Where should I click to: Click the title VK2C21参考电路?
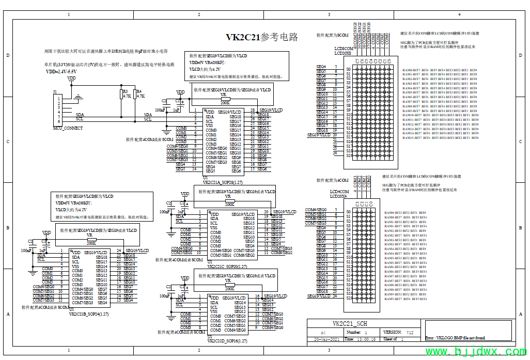(x=262, y=37)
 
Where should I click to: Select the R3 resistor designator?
(x=125, y=91)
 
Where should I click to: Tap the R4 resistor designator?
(x=138, y=91)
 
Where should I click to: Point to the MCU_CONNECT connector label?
(x=68, y=128)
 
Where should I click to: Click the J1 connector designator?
(x=55, y=92)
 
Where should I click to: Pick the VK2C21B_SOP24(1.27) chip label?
(x=89, y=314)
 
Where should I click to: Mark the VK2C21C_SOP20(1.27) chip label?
(x=227, y=267)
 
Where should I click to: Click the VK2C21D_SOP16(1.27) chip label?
(x=227, y=341)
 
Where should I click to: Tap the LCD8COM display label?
(x=345, y=49)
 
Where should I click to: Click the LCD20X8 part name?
(x=342, y=53)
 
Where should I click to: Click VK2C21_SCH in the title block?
(x=350, y=324)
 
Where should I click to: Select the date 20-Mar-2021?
(x=326, y=339)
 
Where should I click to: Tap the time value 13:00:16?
(x=367, y=339)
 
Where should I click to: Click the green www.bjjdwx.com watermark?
(x=475, y=352)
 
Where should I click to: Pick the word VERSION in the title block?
(x=392, y=332)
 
